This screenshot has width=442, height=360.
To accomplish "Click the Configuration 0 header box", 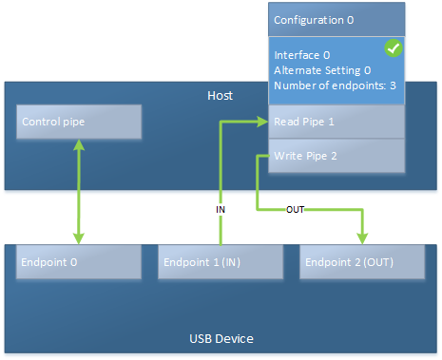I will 336,19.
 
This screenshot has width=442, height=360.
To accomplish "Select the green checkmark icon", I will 392,47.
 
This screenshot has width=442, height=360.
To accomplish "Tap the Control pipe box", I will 79,122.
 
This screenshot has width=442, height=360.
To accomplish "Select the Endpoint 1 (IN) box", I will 221,261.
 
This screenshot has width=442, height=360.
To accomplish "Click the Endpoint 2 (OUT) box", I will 361,261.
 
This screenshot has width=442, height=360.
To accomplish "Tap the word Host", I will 220,96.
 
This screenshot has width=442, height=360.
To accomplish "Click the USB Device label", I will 221,338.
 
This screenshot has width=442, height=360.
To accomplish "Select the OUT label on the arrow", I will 295,209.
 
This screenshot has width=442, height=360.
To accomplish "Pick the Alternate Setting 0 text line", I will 321,70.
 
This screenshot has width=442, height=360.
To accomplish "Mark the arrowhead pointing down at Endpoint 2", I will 361,238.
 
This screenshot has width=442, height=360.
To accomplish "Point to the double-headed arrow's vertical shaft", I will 79,190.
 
